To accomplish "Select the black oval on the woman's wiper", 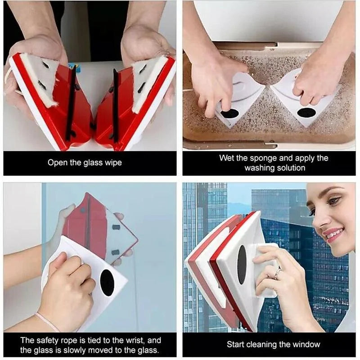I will [242, 265].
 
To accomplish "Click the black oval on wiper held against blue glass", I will [107, 283].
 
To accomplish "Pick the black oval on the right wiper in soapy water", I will [306, 112].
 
